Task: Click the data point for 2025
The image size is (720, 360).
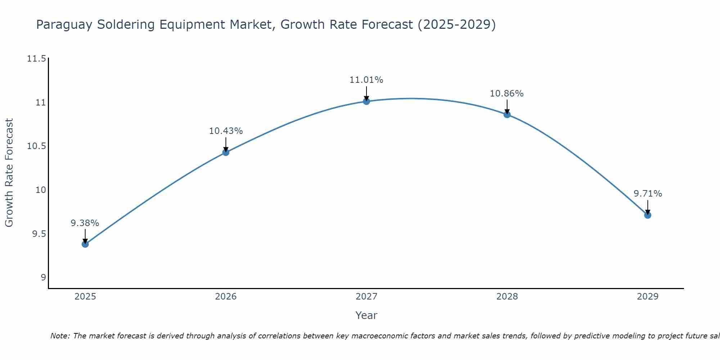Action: point(85,244)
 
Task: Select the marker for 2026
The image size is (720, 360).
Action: point(226,152)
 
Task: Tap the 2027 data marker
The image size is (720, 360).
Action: point(366,102)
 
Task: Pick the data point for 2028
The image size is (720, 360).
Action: point(507,114)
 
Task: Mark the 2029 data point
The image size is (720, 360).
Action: point(648,215)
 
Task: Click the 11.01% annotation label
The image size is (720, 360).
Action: point(366,80)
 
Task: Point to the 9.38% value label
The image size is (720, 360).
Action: point(85,223)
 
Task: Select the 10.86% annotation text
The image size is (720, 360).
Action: point(507,94)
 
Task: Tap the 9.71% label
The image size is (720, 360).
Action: point(648,194)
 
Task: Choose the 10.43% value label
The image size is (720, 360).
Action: point(226,131)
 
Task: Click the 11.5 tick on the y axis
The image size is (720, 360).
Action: point(36,59)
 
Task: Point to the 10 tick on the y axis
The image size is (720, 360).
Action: point(41,190)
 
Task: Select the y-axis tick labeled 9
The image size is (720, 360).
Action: point(43,278)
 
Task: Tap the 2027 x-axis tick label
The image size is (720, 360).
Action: point(366,297)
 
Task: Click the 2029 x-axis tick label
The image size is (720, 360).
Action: point(648,297)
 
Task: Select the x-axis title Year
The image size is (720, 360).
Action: point(366,315)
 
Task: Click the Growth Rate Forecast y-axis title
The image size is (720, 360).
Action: point(9,173)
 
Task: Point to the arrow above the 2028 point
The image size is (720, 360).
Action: point(507,107)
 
